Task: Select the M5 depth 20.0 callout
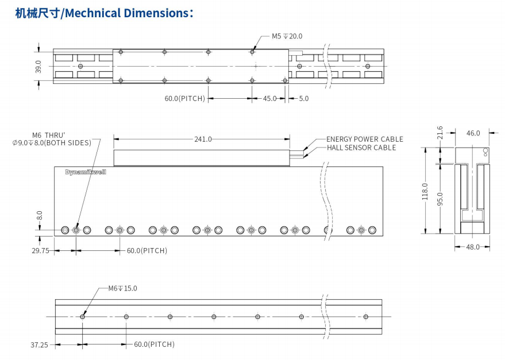coord(287,36)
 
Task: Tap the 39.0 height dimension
coord(38,67)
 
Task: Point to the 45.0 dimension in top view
coord(269,99)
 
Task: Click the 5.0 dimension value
coord(303,99)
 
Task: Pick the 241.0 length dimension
coord(203,139)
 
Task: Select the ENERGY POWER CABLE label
coord(364,139)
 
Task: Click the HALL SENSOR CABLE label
coord(361,148)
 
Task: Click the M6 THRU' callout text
coord(52,135)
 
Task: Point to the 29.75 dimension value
coord(40,251)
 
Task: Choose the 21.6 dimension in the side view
coord(440,132)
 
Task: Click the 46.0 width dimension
coord(473,133)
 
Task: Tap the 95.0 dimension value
coord(440,198)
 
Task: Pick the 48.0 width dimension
coord(472,247)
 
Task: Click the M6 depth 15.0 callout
coord(122,288)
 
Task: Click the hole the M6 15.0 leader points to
coord(83,316)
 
